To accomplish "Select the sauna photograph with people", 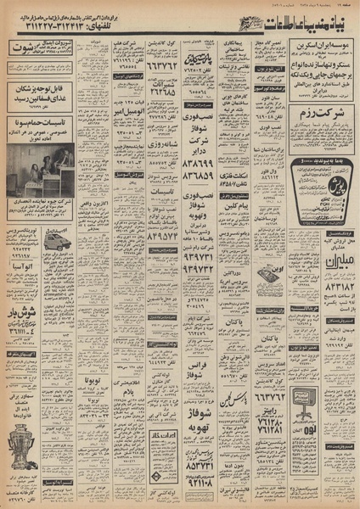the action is tap(40, 166).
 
